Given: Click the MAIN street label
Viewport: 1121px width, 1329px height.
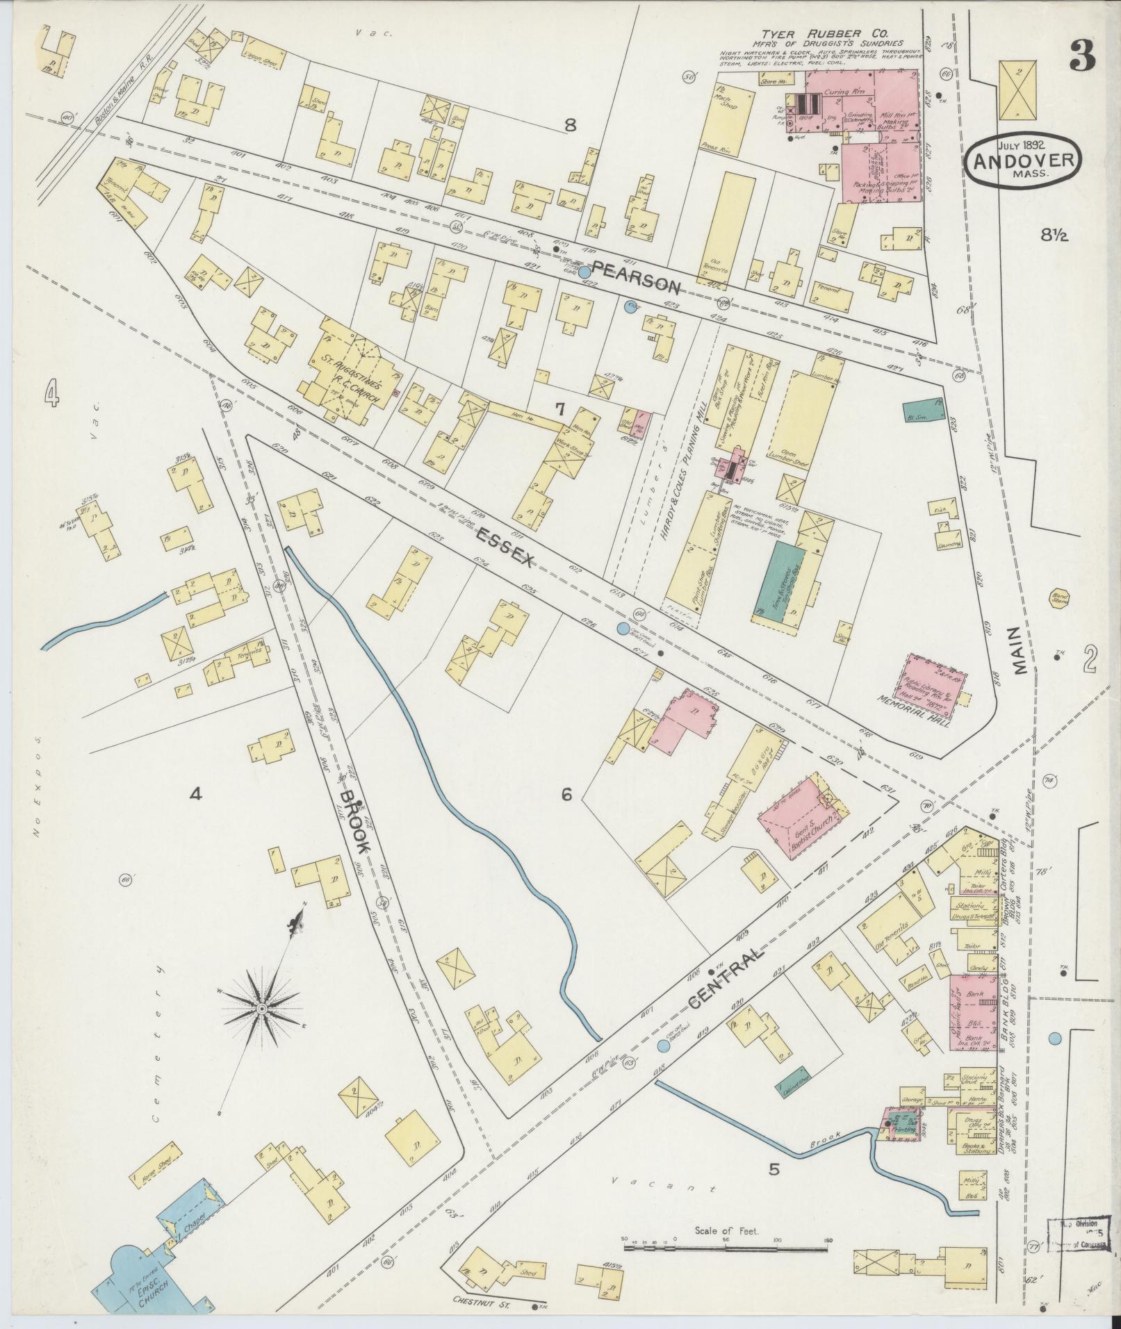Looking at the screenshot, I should tap(1019, 651).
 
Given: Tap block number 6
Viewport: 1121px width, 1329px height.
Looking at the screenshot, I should tap(566, 795).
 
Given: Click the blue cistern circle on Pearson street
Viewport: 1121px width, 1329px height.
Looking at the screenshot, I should tap(585, 273).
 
